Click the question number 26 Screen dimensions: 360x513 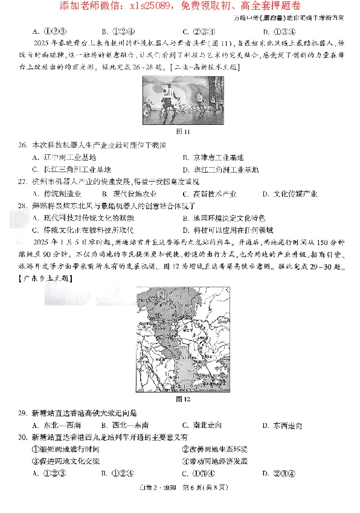tap(21, 145)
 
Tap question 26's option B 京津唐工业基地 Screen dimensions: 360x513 tap(215, 158)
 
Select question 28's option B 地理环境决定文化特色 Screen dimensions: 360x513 tap(225, 218)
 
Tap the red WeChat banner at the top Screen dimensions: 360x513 tap(180, 7)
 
